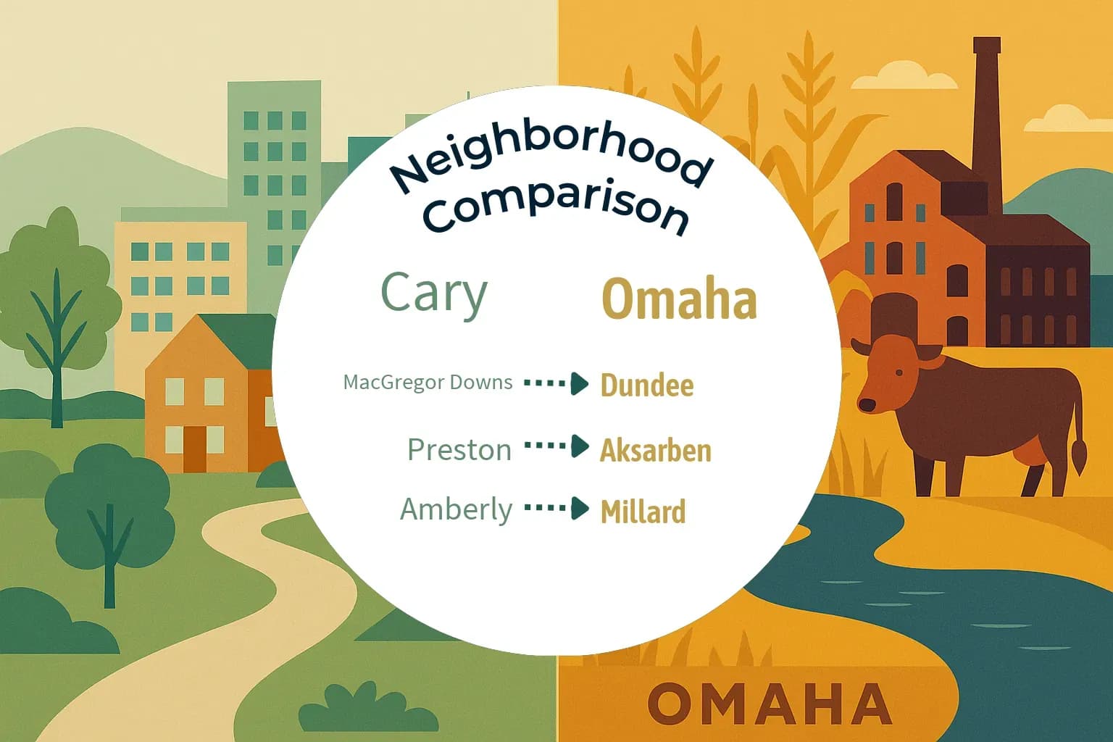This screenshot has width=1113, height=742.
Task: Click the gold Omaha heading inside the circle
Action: (680, 299)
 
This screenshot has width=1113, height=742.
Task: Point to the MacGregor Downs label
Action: (428, 382)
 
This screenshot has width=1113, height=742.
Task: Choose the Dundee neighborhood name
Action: (647, 385)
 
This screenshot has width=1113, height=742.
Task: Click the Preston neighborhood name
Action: (459, 450)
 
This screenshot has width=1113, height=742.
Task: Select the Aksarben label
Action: (655, 451)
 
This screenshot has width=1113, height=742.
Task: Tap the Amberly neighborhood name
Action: (457, 509)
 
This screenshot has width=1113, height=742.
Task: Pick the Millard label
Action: (643, 512)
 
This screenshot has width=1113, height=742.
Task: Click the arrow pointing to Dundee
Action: (556, 383)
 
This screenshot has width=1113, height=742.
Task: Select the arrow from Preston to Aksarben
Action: (556, 446)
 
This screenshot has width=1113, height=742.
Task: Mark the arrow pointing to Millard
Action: (556, 508)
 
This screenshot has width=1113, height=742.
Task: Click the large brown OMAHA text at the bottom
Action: (769, 704)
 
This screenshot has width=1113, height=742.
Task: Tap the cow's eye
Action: (899, 372)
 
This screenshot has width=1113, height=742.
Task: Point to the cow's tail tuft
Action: (1079, 458)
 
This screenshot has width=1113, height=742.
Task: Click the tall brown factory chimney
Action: (987, 123)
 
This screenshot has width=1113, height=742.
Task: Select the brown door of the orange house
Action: (195, 449)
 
